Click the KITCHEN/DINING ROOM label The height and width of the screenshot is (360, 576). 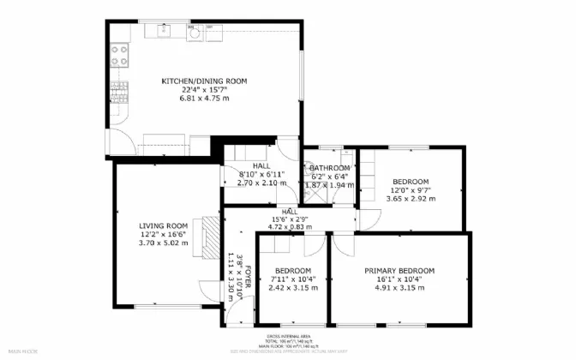click(205, 81)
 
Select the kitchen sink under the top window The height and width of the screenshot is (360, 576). click(162, 33)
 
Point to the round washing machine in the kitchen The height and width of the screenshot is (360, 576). click(195, 34)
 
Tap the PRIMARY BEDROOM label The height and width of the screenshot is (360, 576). click(399, 271)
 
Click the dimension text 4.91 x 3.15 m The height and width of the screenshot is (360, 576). click(399, 288)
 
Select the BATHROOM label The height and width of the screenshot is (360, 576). click(330, 167)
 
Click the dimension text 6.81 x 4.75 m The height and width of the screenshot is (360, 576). click(205, 99)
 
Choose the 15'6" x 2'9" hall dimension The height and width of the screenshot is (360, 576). click(291, 219)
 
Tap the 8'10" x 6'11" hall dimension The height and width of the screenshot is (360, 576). click(261, 174)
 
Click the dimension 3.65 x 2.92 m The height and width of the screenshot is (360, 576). click(411, 199)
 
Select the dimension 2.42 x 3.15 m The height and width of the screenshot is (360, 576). click(293, 288)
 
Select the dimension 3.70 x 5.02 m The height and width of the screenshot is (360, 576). click(164, 243)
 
